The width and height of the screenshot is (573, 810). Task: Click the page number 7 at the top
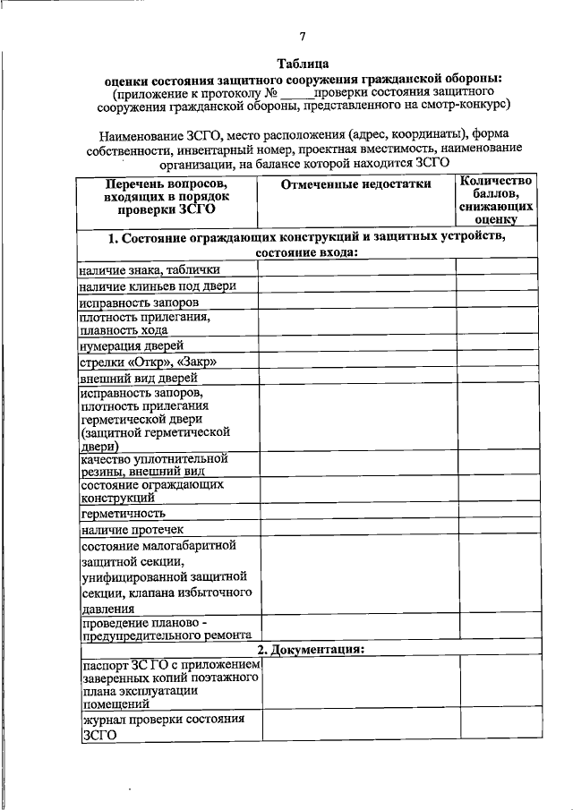[x=303, y=37]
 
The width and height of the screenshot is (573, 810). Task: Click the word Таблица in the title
[x=303, y=64]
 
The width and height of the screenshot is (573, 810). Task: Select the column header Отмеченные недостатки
[x=355, y=184]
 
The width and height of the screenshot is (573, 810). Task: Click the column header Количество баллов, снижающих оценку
[x=496, y=198]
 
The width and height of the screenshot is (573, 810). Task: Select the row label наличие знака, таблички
[x=149, y=269]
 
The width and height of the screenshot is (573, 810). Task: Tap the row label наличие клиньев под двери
[x=157, y=286]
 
